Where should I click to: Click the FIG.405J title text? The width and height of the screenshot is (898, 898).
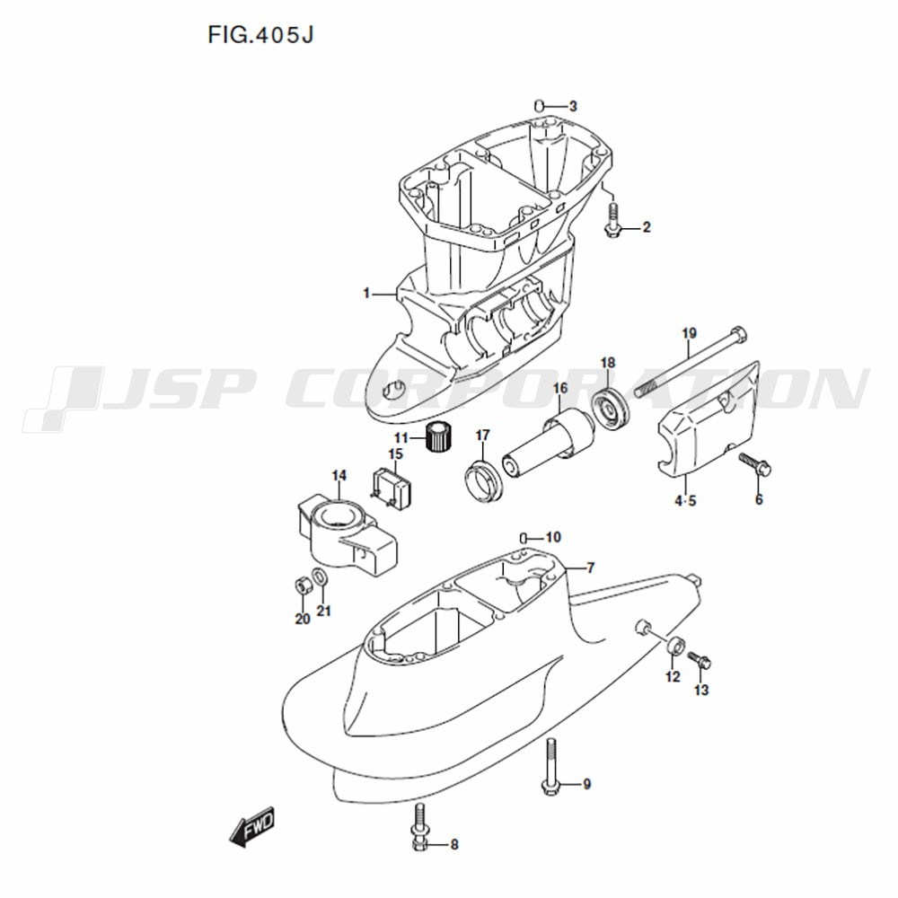pos(260,35)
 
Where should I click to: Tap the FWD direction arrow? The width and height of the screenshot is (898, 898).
pos(252,826)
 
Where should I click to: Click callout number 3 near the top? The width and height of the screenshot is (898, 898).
pos(573,107)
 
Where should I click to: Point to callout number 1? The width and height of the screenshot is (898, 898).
pos(366,294)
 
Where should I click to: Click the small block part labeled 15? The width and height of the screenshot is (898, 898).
pos(392,487)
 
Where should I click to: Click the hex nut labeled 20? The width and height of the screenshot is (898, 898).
pos(302,585)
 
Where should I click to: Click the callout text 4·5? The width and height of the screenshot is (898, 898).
pos(685,501)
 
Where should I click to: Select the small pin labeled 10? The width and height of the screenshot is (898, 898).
pos(523,537)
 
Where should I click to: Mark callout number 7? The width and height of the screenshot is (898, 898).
pos(591,568)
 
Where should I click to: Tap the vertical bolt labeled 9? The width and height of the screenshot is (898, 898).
pos(550,767)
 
